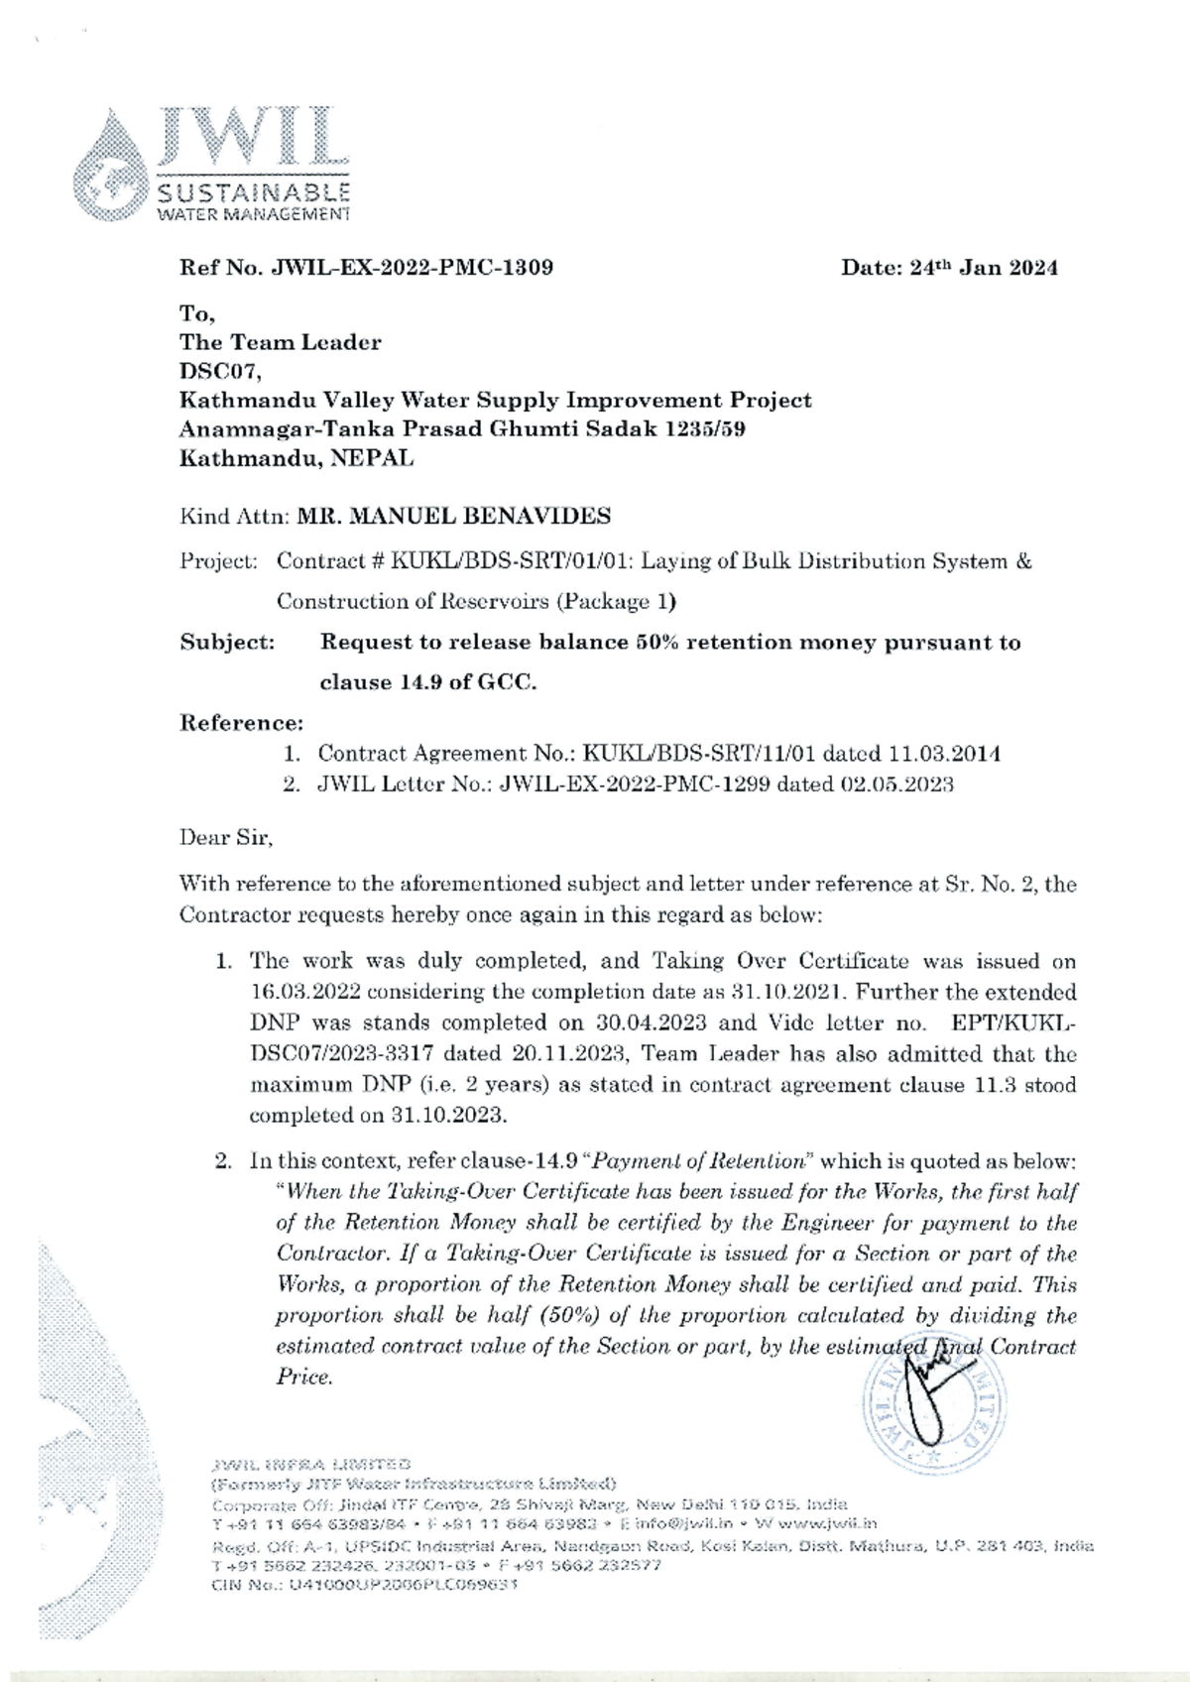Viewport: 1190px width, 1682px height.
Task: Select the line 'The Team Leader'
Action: point(280,343)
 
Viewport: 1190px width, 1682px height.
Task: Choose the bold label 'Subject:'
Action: point(227,643)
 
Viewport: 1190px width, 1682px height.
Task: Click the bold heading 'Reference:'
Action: point(241,722)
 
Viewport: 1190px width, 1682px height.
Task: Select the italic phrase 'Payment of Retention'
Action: point(702,1161)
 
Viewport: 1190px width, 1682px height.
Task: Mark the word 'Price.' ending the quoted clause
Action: point(302,1378)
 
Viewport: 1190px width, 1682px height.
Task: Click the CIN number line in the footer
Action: point(362,1584)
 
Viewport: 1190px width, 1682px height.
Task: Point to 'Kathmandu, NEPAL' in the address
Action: point(296,458)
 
